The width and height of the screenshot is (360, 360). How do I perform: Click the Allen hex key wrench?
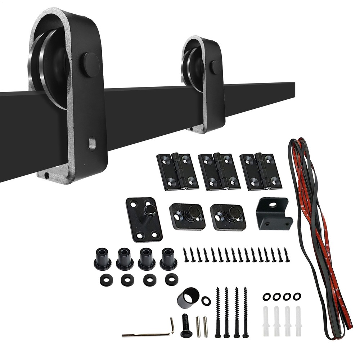(148, 333)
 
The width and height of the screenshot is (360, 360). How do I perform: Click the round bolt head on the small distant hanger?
(216, 67)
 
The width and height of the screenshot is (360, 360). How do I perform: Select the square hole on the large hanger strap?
(93, 143)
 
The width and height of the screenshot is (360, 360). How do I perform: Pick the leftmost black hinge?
(177, 171)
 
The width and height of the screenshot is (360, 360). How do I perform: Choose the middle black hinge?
(219, 171)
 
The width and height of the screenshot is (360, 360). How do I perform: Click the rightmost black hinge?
(261, 171)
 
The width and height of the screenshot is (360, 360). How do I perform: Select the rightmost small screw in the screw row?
(287, 255)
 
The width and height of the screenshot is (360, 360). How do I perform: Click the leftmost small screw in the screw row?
(185, 255)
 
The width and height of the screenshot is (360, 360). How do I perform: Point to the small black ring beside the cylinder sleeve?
(206, 301)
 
